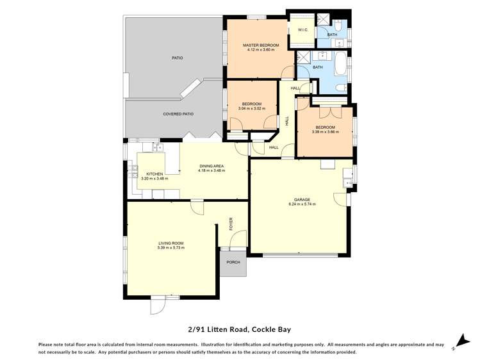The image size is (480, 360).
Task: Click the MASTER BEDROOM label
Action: point(261,45)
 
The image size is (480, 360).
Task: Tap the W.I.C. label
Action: point(302,30)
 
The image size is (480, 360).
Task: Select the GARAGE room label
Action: point(302,200)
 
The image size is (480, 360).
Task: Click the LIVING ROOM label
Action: point(171,243)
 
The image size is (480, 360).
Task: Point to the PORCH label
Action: point(233,263)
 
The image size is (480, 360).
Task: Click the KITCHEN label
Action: point(154,174)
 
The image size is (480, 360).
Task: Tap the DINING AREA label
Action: point(211,166)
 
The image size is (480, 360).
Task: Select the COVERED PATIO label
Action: point(178,114)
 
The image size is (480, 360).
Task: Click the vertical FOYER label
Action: point(231,224)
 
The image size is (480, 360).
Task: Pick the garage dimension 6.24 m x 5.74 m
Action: point(302,204)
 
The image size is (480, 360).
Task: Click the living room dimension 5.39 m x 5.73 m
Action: point(171,248)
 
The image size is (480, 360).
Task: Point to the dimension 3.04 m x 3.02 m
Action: point(252,108)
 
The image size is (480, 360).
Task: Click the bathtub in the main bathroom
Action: point(340,64)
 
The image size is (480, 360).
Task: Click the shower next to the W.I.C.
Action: point(322,19)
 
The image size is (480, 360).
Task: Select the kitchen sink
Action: point(158,147)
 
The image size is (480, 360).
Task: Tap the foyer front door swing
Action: point(238,238)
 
